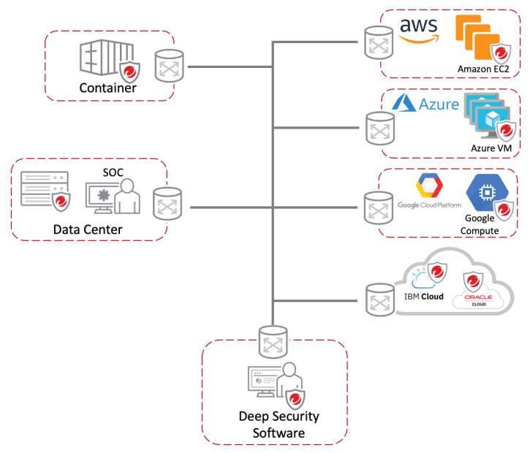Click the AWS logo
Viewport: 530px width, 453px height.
419,31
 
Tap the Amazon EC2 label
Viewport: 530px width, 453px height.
483,69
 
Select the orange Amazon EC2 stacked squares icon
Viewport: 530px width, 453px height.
477,37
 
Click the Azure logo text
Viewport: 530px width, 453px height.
439,104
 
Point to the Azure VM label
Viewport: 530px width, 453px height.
491,148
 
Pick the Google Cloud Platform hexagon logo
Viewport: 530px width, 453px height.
429,186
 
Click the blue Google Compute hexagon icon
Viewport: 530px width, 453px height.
487,193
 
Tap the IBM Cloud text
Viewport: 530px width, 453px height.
423,297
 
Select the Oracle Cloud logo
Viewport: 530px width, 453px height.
478,300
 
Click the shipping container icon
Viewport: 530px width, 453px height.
107,58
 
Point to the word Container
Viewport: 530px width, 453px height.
107,88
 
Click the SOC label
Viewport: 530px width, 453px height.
113,172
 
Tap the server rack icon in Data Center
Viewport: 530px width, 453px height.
45,189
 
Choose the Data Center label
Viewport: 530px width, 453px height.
88,229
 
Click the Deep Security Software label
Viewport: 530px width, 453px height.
279,425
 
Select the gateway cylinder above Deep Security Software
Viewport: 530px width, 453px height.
273,342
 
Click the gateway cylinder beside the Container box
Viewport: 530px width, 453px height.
170,66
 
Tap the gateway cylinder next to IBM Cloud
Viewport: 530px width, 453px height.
380,300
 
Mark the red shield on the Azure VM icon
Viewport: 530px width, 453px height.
506,130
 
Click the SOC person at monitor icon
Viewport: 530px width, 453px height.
113,197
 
